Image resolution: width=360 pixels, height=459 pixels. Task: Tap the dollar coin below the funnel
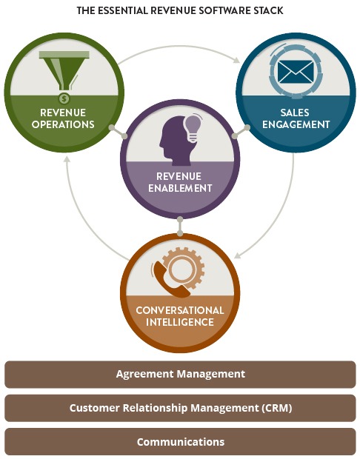tap(64, 98)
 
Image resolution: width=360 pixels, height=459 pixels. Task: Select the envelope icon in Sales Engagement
tap(296, 72)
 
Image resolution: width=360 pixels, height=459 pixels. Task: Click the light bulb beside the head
tap(192, 128)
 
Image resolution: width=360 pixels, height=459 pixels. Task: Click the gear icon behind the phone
tap(183, 269)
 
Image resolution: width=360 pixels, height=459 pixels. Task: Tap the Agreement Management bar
tap(180, 375)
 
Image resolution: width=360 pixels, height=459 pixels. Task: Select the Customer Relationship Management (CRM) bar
tap(180, 408)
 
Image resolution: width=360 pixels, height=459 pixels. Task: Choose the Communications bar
tap(180, 442)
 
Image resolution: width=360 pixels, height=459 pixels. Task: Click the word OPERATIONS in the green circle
tap(63, 124)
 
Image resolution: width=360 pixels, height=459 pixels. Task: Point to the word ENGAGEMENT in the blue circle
tap(296, 124)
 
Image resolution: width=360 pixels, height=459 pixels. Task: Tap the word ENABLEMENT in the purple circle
tap(180, 188)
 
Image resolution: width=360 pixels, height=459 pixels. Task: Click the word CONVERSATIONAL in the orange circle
tap(180, 310)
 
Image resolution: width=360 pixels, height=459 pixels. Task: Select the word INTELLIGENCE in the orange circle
tap(180, 322)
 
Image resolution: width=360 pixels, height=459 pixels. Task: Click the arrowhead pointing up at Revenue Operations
tap(67, 159)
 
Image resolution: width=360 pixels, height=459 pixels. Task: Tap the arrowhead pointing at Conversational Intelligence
tap(238, 255)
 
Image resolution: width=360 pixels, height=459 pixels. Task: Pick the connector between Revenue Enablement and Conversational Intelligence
tap(180, 226)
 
